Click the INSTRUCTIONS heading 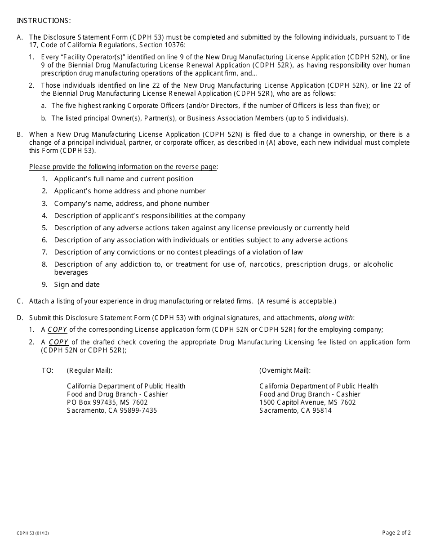point(44,21)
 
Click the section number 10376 point(174,45)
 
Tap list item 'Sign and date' point(77,285)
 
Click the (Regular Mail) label point(89,370)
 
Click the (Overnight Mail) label point(285,370)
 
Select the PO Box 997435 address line point(107,402)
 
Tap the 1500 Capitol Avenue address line point(307,402)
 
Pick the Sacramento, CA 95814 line point(295,410)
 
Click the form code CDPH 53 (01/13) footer point(33,533)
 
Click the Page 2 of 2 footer point(396,533)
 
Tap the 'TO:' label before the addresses point(48,370)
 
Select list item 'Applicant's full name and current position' point(124,179)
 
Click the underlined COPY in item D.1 point(58,330)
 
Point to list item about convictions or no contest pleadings point(178,252)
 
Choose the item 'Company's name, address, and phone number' point(131,204)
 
